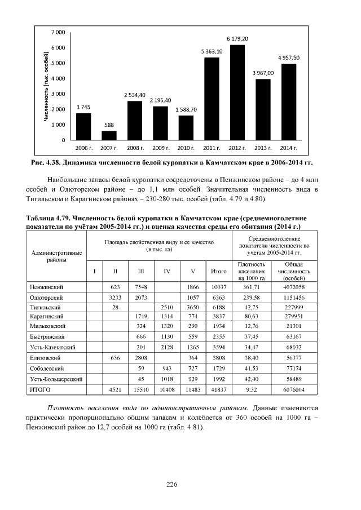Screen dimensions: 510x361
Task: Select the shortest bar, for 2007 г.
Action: (x=109, y=135)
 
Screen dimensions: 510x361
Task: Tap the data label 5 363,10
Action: (x=212, y=51)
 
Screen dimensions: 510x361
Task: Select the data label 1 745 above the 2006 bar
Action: (x=83, y=107)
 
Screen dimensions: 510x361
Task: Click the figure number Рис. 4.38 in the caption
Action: (x=47, y=163)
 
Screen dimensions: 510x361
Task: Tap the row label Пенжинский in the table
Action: (x=46, y=287)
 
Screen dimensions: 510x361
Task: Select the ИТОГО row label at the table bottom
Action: (x=40, y=389)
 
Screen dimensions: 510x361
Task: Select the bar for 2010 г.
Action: (x=186, y=127)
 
